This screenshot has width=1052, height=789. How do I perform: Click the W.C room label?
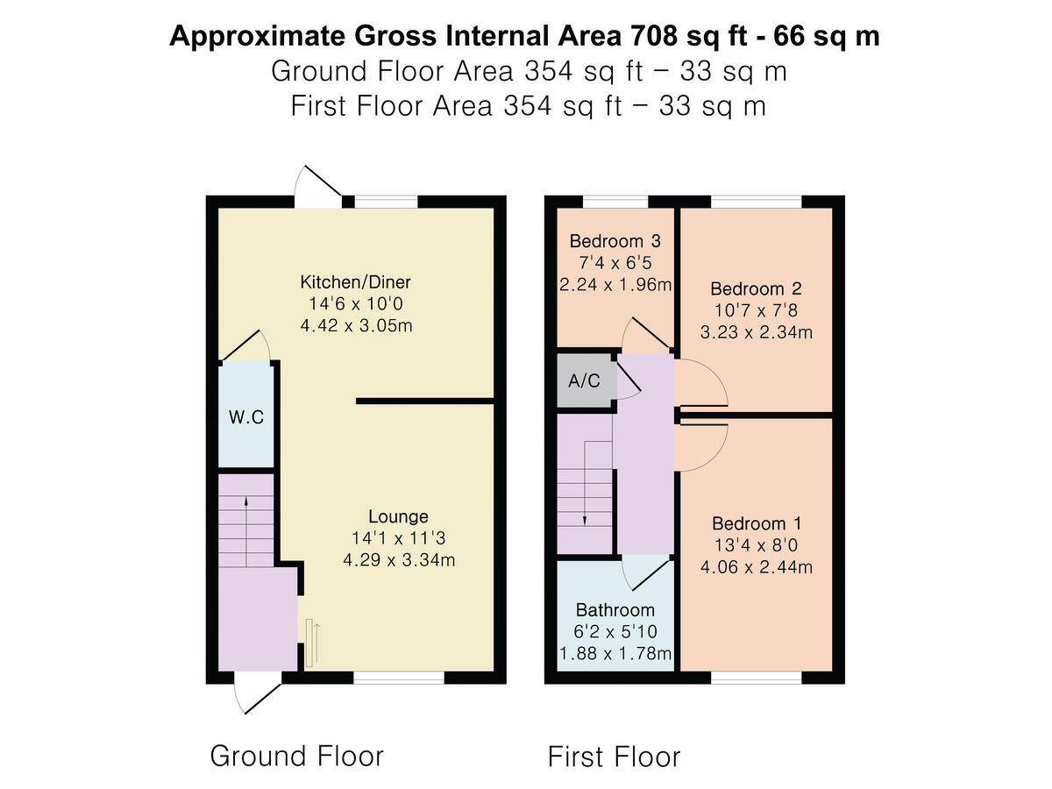tap(246, 417)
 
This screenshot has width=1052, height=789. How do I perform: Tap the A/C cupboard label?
tap(585, 380)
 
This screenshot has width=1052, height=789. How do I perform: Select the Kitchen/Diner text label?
tap(355, 282)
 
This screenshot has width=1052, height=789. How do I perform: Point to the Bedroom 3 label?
tap(615, 241)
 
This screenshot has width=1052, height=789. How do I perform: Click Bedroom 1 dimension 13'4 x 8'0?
tap(756, 545)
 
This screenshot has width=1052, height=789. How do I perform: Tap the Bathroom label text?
tap(615, 610)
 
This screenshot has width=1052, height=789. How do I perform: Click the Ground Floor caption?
tap(296, 756)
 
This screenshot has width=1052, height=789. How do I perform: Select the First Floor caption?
tap(614, 756)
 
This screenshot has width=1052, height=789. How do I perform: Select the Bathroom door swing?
tap(645, 573)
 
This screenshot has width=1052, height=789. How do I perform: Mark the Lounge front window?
tap(399, 678)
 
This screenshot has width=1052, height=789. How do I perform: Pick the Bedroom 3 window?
tap(615, 202)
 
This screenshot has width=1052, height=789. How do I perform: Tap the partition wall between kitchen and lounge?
tap(426, 402)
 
